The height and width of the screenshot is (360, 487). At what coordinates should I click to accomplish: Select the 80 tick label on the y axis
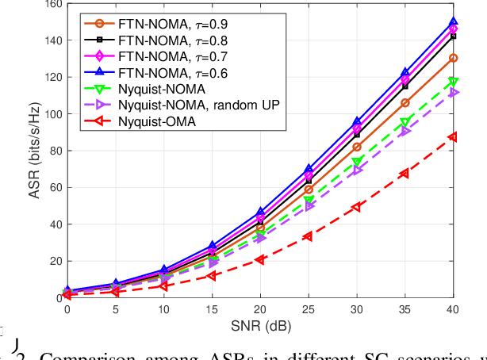pyautogui.click(x=53, y=151)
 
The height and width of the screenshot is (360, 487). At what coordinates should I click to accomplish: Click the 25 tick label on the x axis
pyautogui.click(x=308, y=310)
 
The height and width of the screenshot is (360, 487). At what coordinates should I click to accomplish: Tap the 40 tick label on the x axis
pyautogui.click(x=453, y=310)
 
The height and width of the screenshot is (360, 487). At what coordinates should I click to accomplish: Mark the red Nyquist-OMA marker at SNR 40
pyautogui.click(x=453, y=137)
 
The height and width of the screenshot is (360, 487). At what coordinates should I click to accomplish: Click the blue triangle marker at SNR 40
pyautogui.click(x=453, y=23)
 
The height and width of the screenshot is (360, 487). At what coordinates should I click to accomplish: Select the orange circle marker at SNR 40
pyautogui.click(x=453, y=58)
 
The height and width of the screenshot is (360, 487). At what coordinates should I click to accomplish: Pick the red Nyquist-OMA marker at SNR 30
pyautogui.click(x=356, y=207)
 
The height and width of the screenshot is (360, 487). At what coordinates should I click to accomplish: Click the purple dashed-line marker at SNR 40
pyautogui.click(x=453, y=93)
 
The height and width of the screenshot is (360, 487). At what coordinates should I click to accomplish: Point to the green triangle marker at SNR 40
pyautogui.click(x=453, y=82)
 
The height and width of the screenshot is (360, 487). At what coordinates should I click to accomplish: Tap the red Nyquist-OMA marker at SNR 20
pyautogui.click(x=259, y=259)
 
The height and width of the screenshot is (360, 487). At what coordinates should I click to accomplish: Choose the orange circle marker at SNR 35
pyautogui.click(x=405, y=103)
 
